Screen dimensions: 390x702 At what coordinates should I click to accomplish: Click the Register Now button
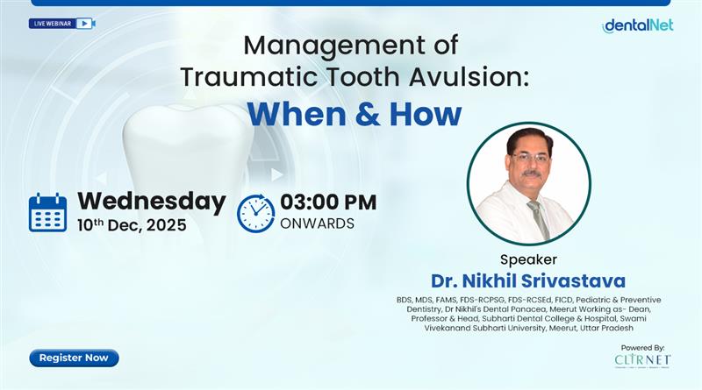coord(74,358)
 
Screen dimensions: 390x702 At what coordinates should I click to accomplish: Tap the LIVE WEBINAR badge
coord(61,24)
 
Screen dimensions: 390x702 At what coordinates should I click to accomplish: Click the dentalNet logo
coord(638,25)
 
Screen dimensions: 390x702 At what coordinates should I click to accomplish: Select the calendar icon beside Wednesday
coord(47,212)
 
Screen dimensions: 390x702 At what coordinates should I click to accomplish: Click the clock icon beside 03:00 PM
coord(255,212)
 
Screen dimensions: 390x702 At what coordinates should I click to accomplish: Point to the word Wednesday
coord(151,201)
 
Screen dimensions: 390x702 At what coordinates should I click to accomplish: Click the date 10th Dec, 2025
coord(132,225)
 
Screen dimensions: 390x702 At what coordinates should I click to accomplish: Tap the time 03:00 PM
coord(328,202)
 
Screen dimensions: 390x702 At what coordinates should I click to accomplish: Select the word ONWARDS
coord(317,223)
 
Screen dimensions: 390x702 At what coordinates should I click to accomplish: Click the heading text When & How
coord(353,114)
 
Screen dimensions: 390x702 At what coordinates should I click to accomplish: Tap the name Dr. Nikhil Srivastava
coord(527,281)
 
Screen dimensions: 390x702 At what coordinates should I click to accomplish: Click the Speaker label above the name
coord(528,259)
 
